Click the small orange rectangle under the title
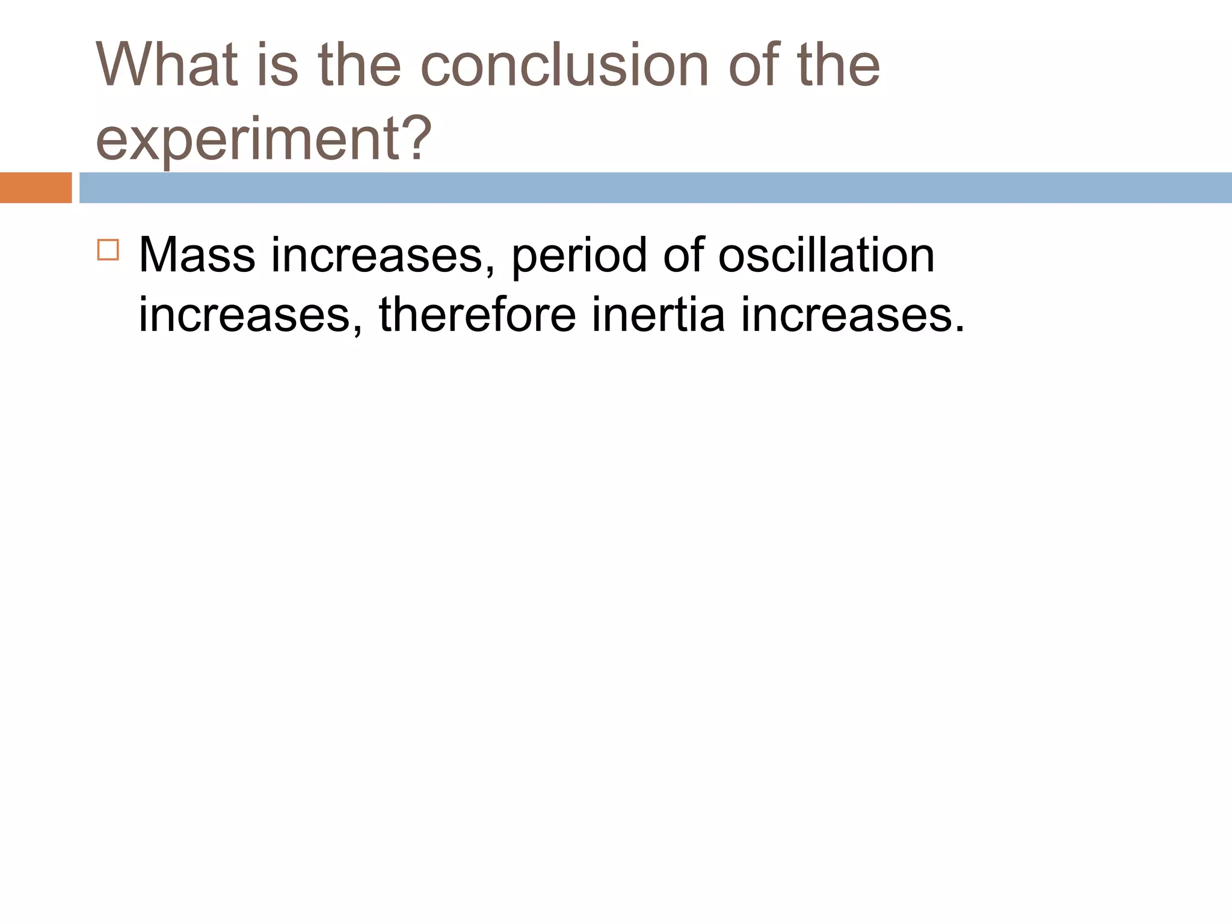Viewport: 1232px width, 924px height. [x=35, y=188]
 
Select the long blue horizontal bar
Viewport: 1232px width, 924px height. [x=655, y=188]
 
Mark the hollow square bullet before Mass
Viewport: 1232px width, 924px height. [x=108, y=249]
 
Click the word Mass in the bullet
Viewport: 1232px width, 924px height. [x=197, y=256]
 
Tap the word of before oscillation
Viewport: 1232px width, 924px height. [x=683, y=256]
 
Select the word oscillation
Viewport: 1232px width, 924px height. [x=827, y=256]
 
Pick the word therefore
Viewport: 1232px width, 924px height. [x=477, y=315]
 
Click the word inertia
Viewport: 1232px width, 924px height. [x=658, y=315]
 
